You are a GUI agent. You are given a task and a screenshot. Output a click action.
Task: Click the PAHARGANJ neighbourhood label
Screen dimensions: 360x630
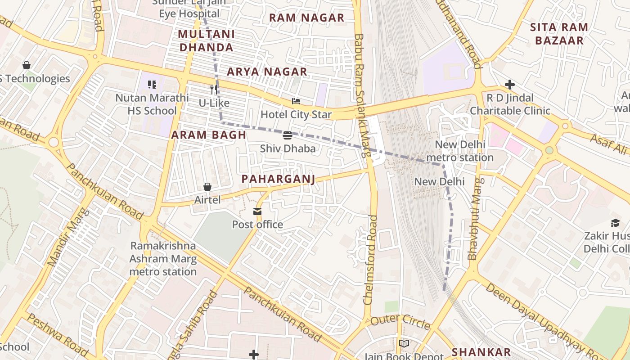(278, 179)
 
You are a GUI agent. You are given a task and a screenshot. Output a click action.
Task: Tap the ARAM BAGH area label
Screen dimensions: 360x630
(209, 135)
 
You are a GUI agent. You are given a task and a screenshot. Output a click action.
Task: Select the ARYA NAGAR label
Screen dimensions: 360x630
(267, 72)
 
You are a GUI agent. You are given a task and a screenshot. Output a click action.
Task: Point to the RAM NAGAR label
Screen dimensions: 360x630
(306, 18)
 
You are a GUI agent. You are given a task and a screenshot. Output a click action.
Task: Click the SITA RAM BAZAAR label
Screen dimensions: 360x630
(559, 34)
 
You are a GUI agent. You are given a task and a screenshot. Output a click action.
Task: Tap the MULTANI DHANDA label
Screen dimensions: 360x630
(206, 41)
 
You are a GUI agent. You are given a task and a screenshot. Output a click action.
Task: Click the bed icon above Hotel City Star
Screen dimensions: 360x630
(296, 101)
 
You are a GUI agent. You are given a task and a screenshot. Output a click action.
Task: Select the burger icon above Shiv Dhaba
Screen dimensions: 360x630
(288, 135)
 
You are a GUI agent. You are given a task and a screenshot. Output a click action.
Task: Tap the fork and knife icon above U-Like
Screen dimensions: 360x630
(214, 90)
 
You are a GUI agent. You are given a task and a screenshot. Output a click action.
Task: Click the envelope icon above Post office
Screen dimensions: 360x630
(257, 211)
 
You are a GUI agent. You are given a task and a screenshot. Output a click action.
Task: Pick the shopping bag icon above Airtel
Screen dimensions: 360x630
(207, 186)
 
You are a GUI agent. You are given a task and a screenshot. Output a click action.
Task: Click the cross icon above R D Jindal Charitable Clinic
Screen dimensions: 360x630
(509, 85)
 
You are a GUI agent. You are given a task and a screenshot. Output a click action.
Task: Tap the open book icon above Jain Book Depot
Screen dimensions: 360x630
(404, 344)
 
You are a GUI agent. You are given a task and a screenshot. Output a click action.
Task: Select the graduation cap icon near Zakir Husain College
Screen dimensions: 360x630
(615, 223)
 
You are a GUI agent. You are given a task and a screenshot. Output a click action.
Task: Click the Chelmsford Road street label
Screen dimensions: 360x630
(370, 260)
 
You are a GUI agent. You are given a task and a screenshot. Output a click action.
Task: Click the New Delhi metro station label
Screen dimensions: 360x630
(459, 151)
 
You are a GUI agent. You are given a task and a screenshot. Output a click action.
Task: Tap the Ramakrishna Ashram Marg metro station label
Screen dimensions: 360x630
(163, 259)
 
